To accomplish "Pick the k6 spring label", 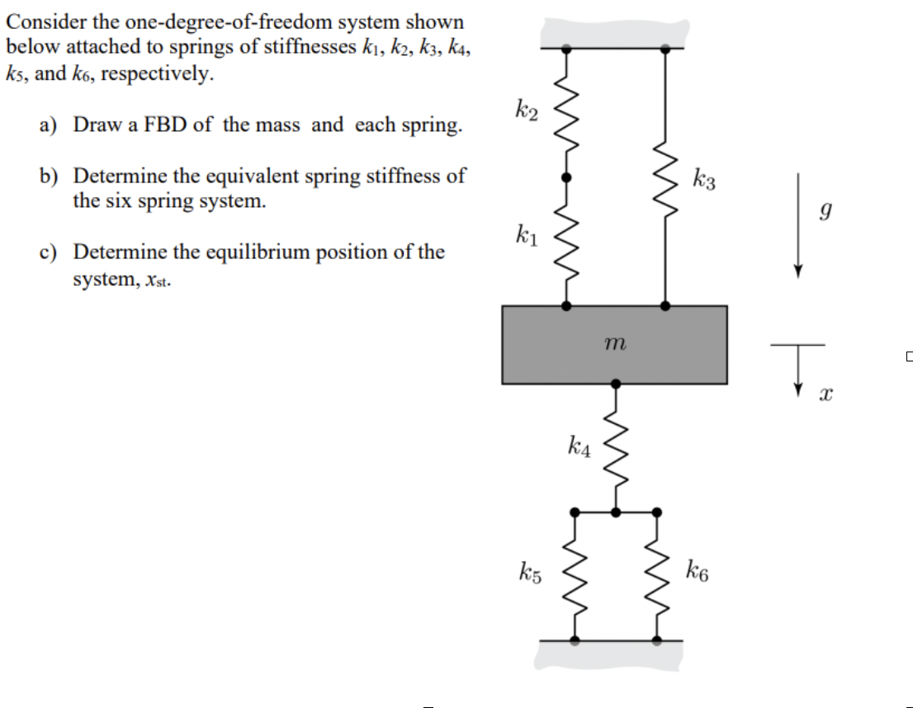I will pos(697,570).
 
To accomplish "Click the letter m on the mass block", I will pos(614,342).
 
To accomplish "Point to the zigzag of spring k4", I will pos(615,450).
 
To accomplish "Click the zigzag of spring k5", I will pos(575,573).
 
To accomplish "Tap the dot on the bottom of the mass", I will pos(615,383).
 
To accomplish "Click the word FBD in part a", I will pos(172,125).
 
